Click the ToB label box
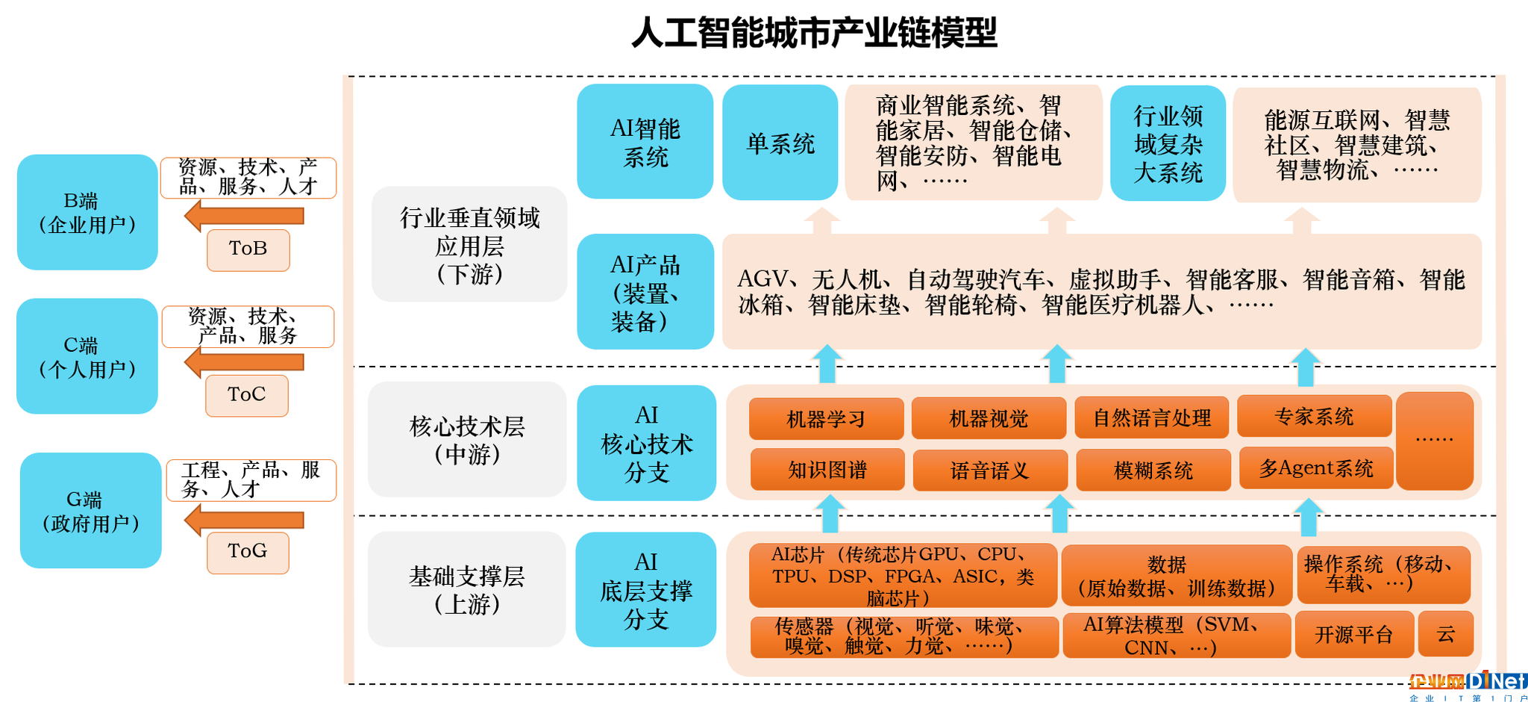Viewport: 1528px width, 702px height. tap(248, 249)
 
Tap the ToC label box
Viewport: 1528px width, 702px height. tap(247, 395)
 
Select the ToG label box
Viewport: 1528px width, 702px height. tap(248, 553)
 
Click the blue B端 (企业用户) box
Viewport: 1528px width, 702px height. tap(87, 212)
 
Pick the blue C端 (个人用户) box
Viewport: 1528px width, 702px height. tap(87, 356)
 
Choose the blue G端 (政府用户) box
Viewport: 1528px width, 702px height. tap(91, 511)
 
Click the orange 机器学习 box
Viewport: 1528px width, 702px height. tap(826, 418)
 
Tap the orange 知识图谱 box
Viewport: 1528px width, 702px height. tap(827, 470)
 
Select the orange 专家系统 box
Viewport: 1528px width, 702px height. tap(1315, 416)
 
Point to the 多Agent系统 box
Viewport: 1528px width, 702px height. tap(1316, 468)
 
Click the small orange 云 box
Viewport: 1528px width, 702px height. tap(1446, 634)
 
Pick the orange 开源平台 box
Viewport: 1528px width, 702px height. tap(1354, 634)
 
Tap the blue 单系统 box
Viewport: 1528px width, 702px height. tap(780, 143)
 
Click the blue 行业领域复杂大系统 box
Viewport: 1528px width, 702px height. tap(1168, 143)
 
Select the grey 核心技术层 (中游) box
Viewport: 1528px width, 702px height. tap(467, 439)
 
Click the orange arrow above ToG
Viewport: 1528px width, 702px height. tap(244, 520)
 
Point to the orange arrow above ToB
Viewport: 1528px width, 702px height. tap(244, 217)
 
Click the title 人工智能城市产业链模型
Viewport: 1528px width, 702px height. tap(814, 32)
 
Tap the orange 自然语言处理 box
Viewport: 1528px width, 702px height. tap(1152, 417)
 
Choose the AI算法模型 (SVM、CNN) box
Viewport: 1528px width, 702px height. tap(1177, 636)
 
